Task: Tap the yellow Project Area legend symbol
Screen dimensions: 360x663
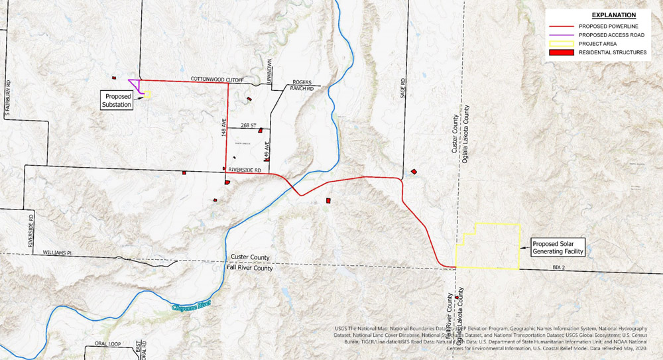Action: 560,43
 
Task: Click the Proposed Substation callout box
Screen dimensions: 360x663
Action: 117,100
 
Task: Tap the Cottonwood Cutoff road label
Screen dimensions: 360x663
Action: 217,80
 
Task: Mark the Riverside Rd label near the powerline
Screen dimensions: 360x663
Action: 245,170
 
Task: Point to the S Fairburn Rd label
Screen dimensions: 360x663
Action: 9,103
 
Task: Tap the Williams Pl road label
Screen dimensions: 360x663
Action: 56,253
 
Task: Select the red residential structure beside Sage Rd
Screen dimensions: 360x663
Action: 414,171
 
